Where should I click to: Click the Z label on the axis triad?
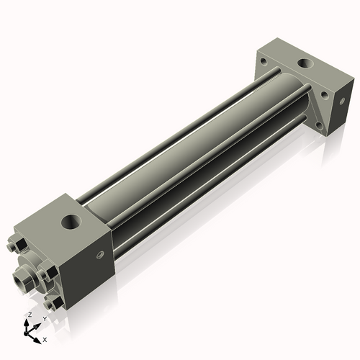(29, 315)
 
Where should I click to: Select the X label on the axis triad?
(45, 338)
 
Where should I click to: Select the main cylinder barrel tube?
(194, 144)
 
